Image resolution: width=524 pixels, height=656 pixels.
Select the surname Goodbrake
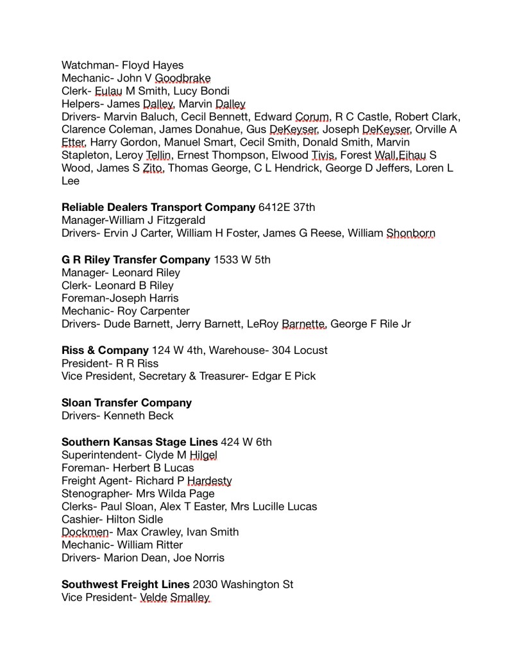coord(183,78)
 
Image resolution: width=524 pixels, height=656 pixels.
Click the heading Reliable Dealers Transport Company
coord(158,207)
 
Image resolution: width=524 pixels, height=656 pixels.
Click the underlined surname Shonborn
coord(410,233)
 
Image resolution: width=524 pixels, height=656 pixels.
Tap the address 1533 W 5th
coord(242,260)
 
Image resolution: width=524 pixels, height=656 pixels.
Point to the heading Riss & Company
coord(105,350)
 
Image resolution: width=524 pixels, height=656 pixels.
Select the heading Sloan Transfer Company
coord(126,403)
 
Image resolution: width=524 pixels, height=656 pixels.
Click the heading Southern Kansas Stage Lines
coord(139,442)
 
